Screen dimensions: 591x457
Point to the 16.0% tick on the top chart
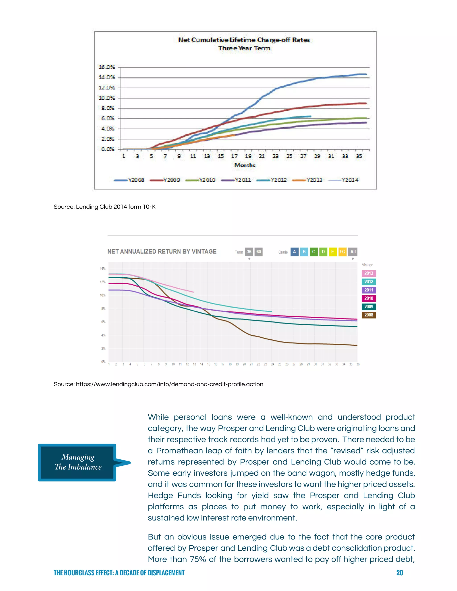[107, 67]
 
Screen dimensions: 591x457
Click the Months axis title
[245, 165]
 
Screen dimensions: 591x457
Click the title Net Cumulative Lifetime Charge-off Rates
[244, 40]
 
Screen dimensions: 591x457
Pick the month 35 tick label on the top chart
[359, 156]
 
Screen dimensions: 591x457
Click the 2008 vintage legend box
[368, 315]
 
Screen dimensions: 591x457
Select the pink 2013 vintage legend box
[368, 273]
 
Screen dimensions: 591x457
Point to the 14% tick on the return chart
[103, 269]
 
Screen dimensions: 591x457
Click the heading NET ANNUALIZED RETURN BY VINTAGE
[162, 251]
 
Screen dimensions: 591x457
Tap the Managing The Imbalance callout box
[78, 462]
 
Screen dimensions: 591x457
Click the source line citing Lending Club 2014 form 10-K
[104, 207]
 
